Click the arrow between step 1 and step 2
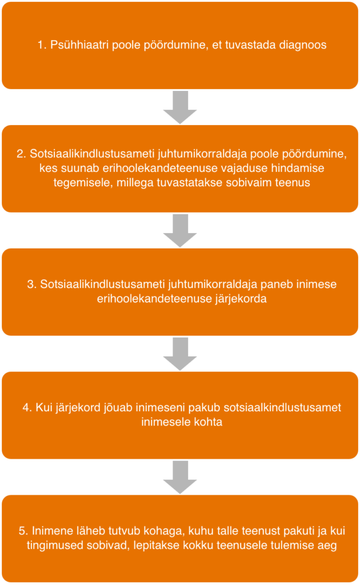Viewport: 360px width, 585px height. [180, 107]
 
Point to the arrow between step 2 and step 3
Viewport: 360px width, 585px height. [180, 231]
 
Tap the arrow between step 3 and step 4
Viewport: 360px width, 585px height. [180, 354]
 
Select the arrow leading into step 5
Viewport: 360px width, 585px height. [180, 477]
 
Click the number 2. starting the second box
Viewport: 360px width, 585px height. [21, 154]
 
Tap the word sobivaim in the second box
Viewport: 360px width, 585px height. [249, 183]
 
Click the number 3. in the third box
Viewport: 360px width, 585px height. [32, 285]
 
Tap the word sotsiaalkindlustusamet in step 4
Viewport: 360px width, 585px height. [282, 407]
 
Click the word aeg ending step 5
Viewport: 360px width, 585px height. [327, 546]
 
